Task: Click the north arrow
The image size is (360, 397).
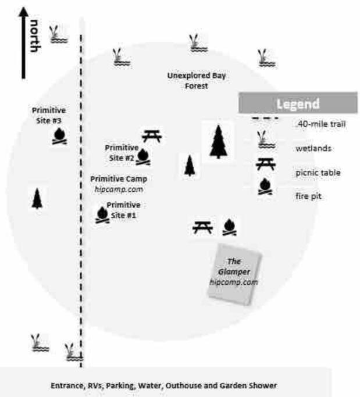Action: point(23,43)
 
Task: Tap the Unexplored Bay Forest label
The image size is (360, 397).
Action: point(197,81)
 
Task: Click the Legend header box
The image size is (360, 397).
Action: point(298,103)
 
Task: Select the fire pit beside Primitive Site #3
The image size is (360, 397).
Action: point(59,136)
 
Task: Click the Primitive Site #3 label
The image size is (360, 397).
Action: point(49,116)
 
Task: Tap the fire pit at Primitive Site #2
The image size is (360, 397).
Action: point(143,157)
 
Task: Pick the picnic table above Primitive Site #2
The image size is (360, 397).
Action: point(152,136)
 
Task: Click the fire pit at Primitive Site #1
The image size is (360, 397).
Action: point(102,215)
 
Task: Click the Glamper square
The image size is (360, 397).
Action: point(234,274)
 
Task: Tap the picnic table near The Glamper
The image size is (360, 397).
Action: point(202,227)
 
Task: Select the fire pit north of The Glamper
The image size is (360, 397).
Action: point(229,227)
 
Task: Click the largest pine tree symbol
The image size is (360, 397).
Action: point(218,142)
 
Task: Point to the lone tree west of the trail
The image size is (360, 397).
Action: point(37,199)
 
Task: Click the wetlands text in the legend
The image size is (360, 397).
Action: point(313,148)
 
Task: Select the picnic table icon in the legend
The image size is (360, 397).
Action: point(266,164)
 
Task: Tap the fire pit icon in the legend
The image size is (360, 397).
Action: point(265,187)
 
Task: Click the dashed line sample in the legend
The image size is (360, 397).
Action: point(265,118)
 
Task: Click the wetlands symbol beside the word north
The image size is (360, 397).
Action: point(59,34)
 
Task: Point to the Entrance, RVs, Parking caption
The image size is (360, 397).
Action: point(163,385)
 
